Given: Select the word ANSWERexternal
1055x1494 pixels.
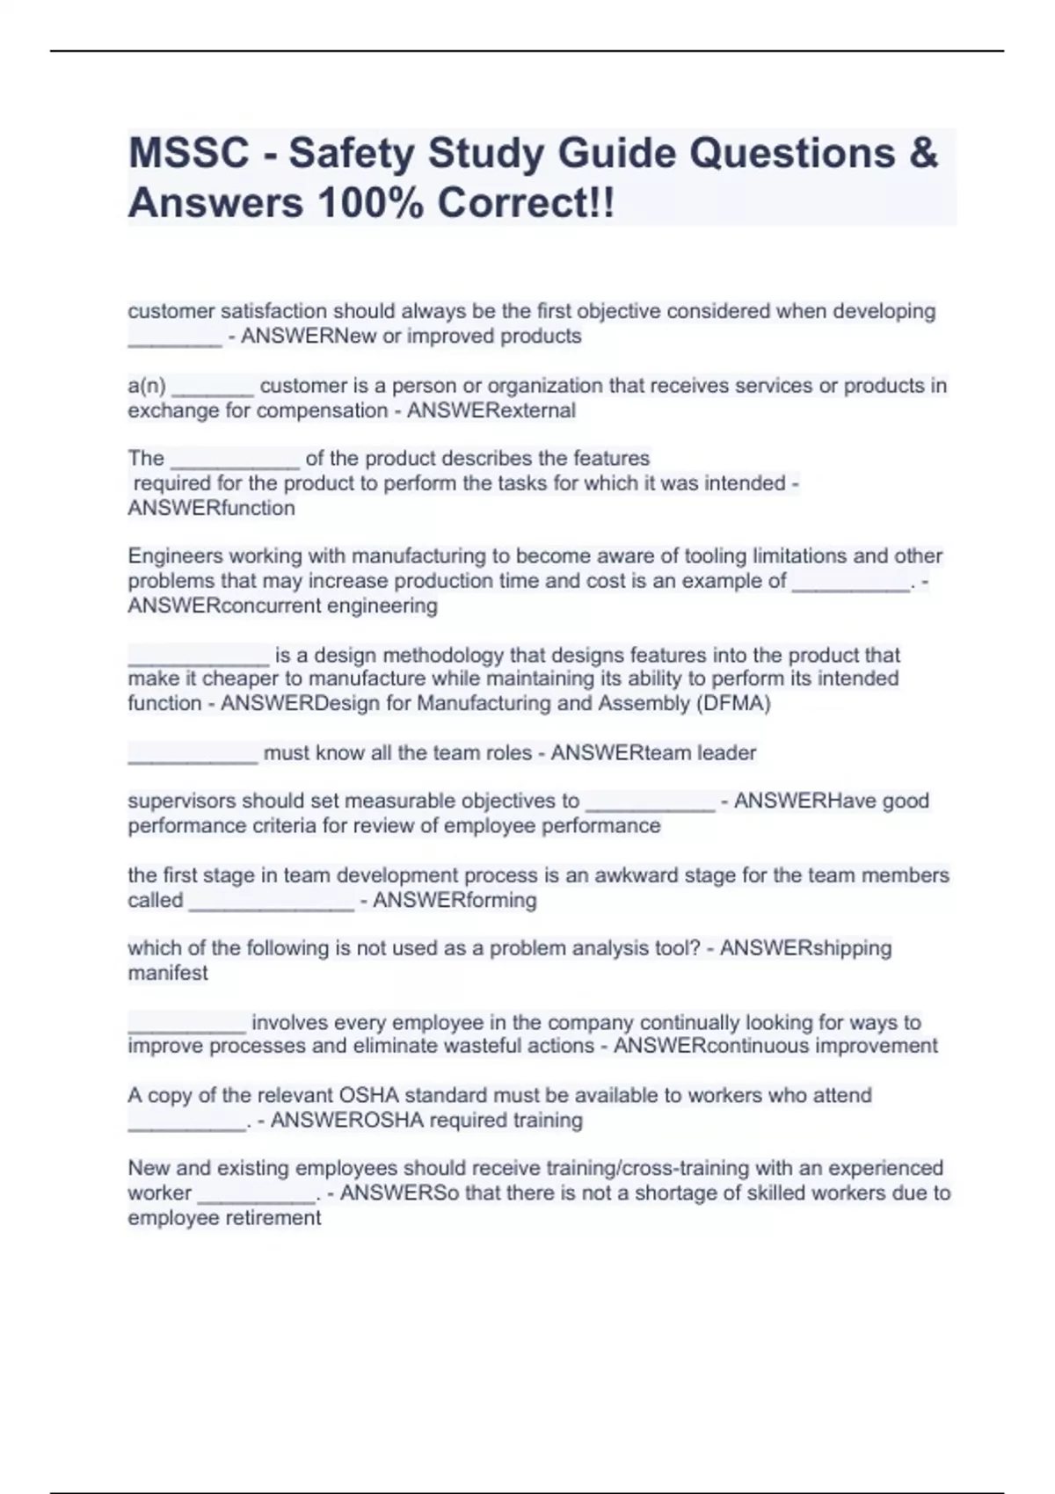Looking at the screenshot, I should [491, 410].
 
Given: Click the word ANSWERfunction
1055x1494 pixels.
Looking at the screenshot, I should [211, 508].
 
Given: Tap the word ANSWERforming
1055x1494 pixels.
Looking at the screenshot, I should [455, 900].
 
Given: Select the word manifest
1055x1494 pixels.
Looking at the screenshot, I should [168, 973].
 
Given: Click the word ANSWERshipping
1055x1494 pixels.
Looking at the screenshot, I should [805, 948].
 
